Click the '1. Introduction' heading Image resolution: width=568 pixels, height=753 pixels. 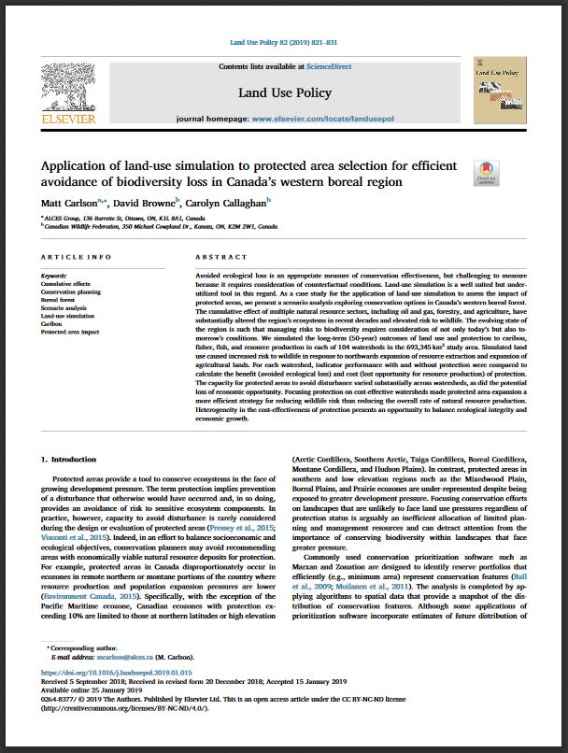click(71, 461)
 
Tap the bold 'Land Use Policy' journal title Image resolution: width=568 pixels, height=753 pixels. click(284, 93)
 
